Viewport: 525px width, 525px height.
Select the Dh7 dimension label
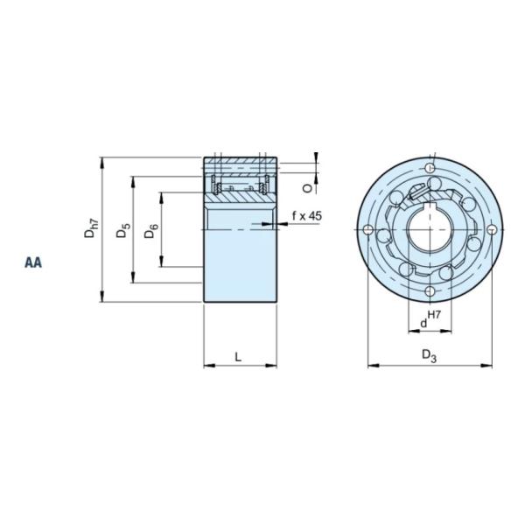click(91, 229)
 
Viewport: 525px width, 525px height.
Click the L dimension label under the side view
click(239, 355)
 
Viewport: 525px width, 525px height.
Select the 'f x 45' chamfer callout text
click(306, 215)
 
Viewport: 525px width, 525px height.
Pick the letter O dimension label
click(307, 186)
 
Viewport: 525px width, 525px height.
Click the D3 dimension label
click(428, 355)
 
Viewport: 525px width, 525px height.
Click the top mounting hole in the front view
click(430, 167)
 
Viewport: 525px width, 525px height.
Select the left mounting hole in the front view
click(367, 229)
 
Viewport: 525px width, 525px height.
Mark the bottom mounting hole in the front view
click(430, 292)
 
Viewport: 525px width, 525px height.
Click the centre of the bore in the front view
click(430, 230)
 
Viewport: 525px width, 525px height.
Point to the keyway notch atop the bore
click(430, 206)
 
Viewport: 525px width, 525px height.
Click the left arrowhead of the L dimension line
click(207, 365)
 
